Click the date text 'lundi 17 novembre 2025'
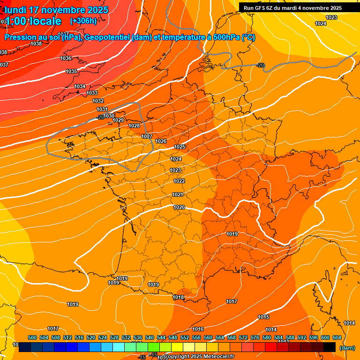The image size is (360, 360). coord(56,10)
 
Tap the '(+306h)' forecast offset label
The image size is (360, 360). coord(83,21)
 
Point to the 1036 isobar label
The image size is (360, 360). coord(66,59)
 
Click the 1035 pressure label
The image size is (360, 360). coord(71,72)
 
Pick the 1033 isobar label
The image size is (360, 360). coord(92,93)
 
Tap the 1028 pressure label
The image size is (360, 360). coord(134,126)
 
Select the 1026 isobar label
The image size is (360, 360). coord(161,141)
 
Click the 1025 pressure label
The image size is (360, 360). coord(180,147)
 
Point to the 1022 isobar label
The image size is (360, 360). coord(179,181)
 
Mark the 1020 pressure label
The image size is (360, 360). coord(179,207)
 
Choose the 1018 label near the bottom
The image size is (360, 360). coord(178,298)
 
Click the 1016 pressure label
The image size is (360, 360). coord(198,330)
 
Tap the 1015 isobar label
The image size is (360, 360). coord(263,317)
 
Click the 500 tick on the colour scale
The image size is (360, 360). coord(32,337)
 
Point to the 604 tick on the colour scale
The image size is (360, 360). coord(337,337)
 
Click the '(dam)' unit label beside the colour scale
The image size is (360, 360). coord(347,348)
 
